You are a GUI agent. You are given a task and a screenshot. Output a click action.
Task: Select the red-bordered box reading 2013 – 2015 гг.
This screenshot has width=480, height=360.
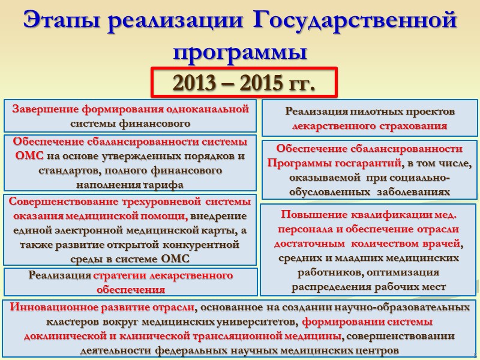[244, 82]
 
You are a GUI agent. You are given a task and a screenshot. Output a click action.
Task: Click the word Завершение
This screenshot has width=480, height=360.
[45, 109]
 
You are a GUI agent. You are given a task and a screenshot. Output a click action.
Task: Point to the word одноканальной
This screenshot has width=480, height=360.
[209, 109]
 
